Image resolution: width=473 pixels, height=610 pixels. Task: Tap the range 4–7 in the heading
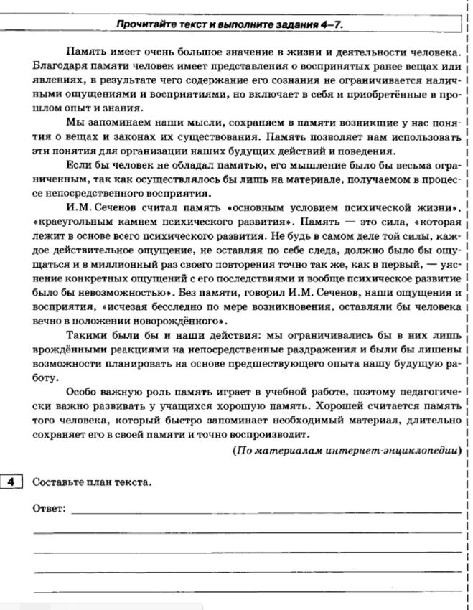[332, 26]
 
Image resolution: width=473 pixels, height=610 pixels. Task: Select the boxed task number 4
[12, 482]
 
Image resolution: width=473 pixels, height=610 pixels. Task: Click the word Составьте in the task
[57, 482]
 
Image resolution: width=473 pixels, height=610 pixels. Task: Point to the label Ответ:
[50, 509]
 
